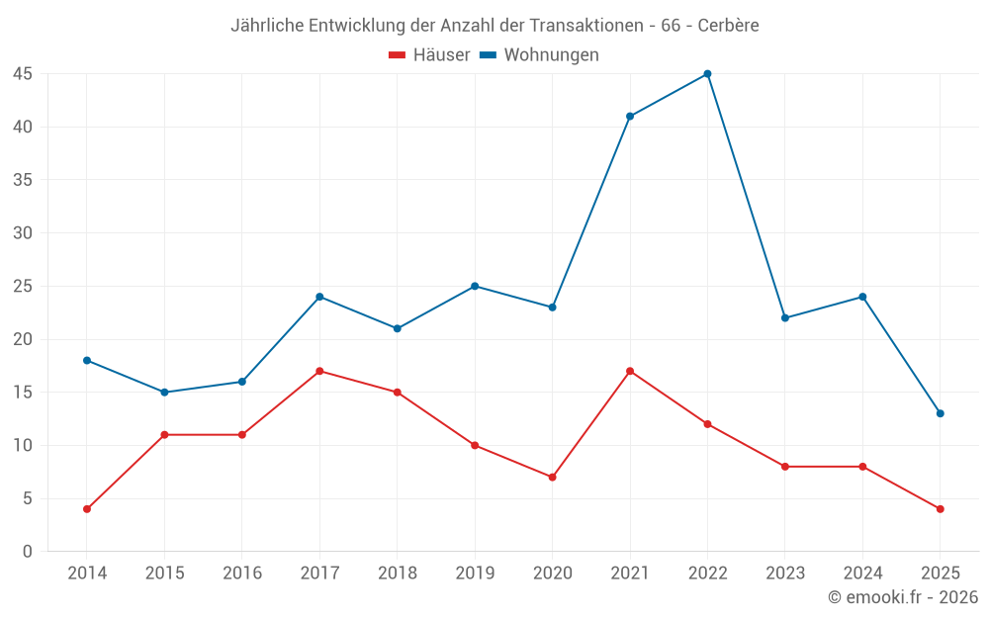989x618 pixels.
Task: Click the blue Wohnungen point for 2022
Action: point(707,74)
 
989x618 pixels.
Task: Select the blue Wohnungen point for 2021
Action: point(630,117)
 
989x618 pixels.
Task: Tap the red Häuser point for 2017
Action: point(319,371)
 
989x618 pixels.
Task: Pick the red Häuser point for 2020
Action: point(552,477)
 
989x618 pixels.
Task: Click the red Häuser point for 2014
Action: point(87,509)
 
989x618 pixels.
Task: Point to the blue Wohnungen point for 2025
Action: point(940,413)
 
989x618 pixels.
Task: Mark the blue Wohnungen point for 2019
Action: point(475,286)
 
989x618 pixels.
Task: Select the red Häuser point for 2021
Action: point(630,371)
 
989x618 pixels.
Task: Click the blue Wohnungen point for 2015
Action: point(164,393)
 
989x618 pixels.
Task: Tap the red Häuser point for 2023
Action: point(785,467)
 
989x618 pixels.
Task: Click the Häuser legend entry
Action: point(430,55)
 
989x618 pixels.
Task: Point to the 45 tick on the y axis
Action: point(23,74)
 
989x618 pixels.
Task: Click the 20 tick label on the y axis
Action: point(23,339)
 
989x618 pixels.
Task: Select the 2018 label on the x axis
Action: point(397,574)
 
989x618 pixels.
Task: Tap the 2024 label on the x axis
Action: point(862,574)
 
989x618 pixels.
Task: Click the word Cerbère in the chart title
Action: point(728,26)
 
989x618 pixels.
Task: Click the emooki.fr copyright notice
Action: point(903,597)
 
